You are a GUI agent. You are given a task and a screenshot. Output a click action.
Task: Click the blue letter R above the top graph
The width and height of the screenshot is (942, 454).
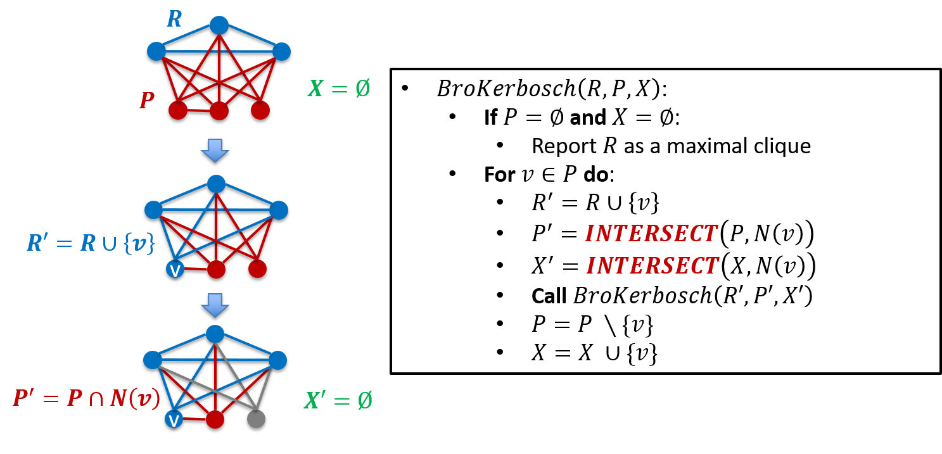[x=174, y=20]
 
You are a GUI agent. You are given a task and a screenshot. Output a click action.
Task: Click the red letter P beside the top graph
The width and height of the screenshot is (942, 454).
[x=147, y=100]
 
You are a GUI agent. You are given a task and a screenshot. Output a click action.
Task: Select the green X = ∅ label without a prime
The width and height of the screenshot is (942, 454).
[x=339, y=88]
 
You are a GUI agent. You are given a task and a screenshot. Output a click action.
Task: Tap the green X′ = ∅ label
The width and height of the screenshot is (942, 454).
[x=338, y=400]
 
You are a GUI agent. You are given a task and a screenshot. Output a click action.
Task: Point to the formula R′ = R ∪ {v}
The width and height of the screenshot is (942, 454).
[x=91, y=243]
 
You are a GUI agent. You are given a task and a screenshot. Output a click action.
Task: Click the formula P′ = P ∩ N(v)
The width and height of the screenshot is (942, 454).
[x=86, y=398]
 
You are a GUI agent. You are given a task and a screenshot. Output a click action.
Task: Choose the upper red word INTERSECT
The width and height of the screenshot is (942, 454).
[x=651, y=234]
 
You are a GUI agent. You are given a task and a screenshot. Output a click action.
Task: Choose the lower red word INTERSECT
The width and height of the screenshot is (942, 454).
[x=652, y=266]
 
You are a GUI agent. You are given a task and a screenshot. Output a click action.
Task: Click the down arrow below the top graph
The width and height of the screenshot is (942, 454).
[x=215, y=150]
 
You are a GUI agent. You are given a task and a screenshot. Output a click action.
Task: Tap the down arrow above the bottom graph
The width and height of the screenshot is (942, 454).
[x=215, y=305]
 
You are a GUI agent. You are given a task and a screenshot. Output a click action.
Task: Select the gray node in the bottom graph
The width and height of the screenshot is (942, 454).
[x=256, y=419]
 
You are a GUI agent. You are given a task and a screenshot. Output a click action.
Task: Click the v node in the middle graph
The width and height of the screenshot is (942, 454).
[x=175, y=269]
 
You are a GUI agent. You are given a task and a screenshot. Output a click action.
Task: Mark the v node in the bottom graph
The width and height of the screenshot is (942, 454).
[x=174, y=419]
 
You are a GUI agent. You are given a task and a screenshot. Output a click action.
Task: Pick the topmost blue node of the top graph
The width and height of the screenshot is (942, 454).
[x=219, y=25]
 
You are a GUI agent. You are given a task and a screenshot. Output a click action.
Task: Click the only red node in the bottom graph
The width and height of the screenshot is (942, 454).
[x=215, y=419]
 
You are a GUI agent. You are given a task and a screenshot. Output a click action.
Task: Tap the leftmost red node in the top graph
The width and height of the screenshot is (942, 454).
[x=178, y=110]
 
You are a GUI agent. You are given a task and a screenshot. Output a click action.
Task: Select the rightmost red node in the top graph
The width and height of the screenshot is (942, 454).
[x=260, y=110]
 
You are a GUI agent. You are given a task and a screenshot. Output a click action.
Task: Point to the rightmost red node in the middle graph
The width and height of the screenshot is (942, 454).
[x=257, y=268]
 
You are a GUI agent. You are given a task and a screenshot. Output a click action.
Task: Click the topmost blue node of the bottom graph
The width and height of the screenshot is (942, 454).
[x=215, y=334]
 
